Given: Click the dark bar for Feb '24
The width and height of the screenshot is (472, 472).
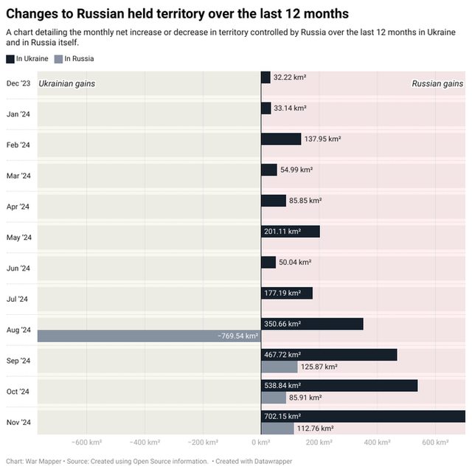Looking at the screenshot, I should tap(281, 139).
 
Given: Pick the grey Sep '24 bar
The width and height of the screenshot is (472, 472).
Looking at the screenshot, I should tap(279, 367).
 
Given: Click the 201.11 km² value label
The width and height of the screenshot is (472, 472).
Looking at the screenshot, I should tap(282, 232).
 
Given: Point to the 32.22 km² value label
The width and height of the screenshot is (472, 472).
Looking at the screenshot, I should tap(290, 77).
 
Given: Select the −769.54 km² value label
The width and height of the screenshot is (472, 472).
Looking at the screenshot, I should tap(237, 336).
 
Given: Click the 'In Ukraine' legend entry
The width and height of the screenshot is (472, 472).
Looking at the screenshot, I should tap(27, 58).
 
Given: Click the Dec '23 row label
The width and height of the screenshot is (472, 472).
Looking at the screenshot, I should tap(18, 83).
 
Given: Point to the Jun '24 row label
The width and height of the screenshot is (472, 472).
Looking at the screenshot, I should tap(18, 268).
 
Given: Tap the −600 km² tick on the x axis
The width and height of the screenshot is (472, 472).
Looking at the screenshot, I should tap(86, 442).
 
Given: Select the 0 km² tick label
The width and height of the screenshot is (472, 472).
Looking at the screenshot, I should tap(260, 442).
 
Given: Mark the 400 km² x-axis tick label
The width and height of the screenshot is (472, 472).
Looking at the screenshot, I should tap(375, 442).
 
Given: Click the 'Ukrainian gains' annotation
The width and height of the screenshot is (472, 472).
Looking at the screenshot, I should tap(67, 84).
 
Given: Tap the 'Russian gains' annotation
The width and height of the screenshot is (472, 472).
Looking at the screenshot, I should tap(437, 84).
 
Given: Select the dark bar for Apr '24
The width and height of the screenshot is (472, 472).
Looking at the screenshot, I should tap(274, 201).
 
